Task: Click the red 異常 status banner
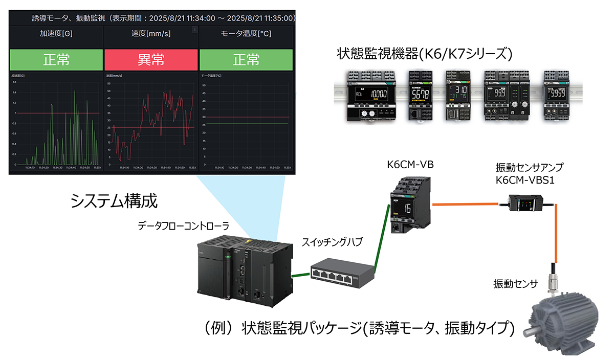[151, 60]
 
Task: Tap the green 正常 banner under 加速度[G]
[56, 60]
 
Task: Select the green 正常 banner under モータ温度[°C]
[246, 60]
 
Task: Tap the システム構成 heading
[114, 200]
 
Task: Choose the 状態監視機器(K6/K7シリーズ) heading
[424, 53]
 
